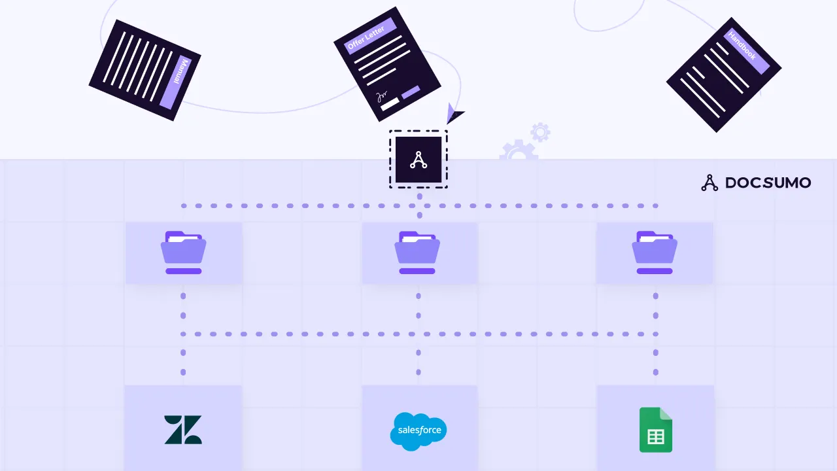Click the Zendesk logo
[183, 429]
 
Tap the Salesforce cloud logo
[418, 431]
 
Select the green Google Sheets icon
[655, 430]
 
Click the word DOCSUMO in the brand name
[768, 183]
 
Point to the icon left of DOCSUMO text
[709, 183]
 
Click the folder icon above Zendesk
[184, 247]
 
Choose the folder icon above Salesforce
[417, 247]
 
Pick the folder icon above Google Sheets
[655, 247]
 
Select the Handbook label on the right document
[742, 46]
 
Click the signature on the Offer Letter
[382, 96]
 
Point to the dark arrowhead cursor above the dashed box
[453, 114]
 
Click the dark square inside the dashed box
[418, 160]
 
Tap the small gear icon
[540, 132]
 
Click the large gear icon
[518, 151]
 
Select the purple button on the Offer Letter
[411, 92]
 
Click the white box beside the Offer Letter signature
[390, 104]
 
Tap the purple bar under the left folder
[184, 271]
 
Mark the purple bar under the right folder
[655, 271]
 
